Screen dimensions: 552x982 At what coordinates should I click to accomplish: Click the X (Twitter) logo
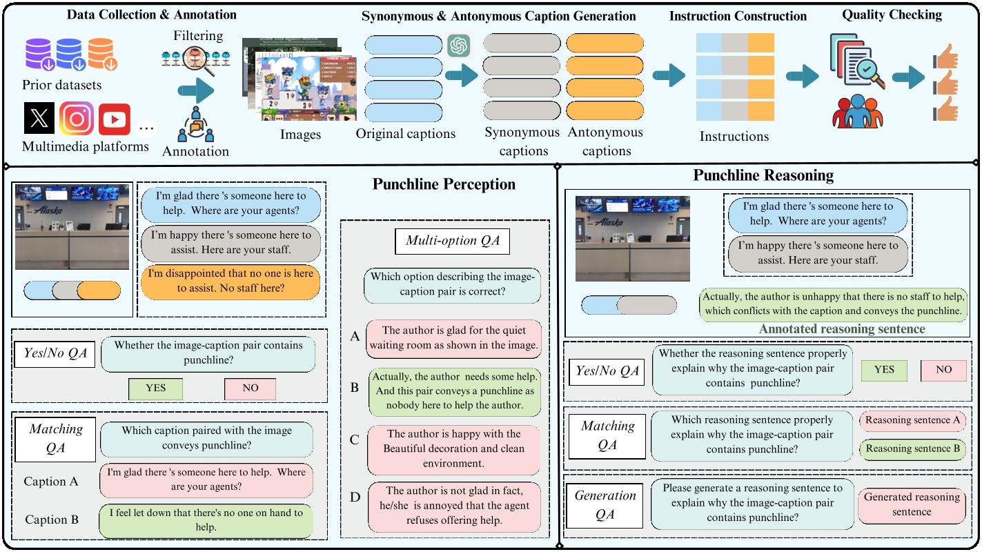point(39,118)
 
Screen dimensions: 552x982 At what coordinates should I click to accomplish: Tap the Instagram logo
point(76,118)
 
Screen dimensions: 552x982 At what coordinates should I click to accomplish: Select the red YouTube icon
point(114,119)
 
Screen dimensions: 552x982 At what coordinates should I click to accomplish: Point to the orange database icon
point(102,55)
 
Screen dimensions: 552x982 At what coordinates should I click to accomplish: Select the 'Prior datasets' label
point(61,86)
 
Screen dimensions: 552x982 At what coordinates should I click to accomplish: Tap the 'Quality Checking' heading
point(892,14)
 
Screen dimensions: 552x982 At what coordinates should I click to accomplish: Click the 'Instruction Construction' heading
point(738,16)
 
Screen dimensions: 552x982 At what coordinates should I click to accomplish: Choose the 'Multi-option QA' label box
point(452,241)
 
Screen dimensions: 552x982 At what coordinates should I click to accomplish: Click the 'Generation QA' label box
point(605,504)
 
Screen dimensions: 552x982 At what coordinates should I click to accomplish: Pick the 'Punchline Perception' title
point(444,184)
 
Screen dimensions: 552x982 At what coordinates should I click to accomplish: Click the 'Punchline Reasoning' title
point(763,175)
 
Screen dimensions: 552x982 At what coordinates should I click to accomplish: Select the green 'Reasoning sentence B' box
point(912,449)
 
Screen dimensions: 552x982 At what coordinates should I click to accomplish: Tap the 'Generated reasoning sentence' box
point(912,504)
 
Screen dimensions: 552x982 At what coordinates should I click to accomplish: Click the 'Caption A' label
point(51,482)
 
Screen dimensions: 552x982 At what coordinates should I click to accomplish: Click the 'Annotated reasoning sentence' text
point(842,329)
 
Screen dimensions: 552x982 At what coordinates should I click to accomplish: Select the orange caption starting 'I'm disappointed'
point(230,281)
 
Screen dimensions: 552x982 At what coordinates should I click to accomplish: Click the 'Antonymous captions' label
point(605,141)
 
